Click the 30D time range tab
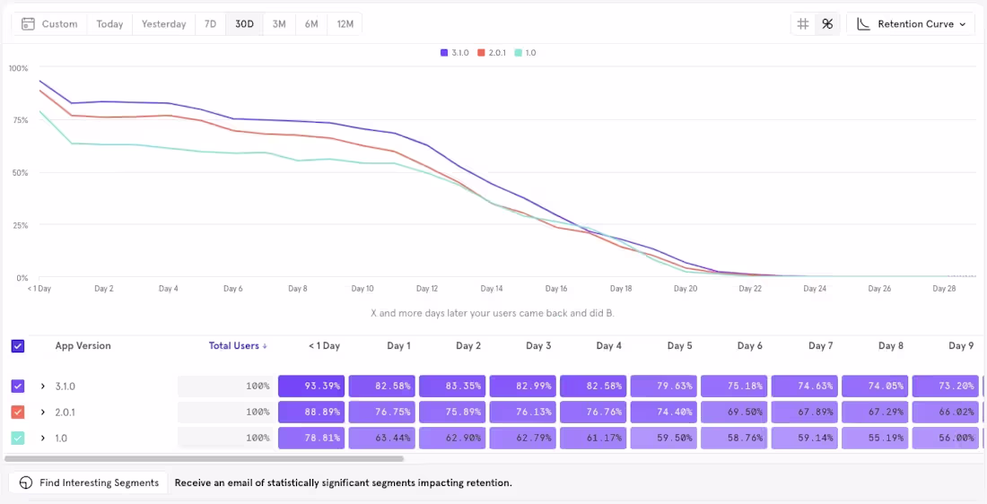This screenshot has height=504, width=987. pyautogui.click(x=244, y=24)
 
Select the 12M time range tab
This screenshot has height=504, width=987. pyautogui.click(x=345, y=24)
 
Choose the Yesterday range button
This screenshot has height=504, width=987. pyautogui.click(x=163, y=24)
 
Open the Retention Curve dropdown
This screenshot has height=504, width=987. pyautogui.click(x=911, y=24)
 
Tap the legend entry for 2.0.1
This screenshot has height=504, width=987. pyautogui.click(x=493, y=53)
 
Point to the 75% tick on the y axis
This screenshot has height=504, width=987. pyautogui.click(x=19, y=120)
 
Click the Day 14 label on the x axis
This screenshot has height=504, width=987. pyautogui.click(x=492, y=289)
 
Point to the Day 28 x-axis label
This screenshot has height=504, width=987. pyautogui.click(x=944, y=289)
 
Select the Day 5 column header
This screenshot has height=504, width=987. pyautogui.click(x=679, y=346)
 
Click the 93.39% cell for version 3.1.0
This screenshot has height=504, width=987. pyautogui.click(x=310, y=387)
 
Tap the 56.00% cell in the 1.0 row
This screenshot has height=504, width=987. pyautogui.click(x=945, y=439)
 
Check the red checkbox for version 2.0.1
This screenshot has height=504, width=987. pyautogui.click(x=18, y=413)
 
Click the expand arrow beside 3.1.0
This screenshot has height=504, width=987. pyautogui.click(x=42, y=387)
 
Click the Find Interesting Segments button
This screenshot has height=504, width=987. pyautogui.click(x=89, y=482)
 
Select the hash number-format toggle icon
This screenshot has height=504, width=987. pyautogui.click(x=803, y=24)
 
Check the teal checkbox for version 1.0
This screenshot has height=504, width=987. pyautogui.click(x=18, y=439)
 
